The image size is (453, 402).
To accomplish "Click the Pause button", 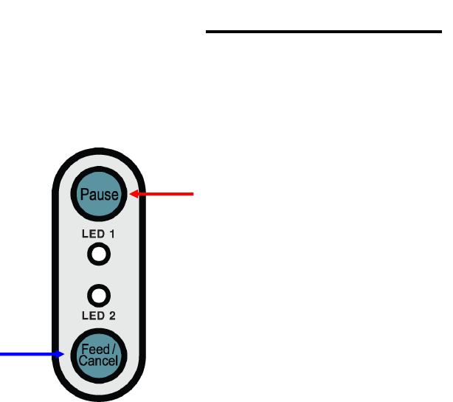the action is click(x=99, y=194).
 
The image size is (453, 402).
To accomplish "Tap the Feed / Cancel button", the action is click(x=99, y=355).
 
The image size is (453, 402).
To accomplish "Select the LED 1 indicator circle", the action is click(x=99, y=255).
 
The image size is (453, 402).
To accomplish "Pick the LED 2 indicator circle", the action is click(x=99, y=296).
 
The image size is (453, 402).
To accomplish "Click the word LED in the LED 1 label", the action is click(x=91, y=235).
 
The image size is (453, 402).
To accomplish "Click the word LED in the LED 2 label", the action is click(x=91, y=316).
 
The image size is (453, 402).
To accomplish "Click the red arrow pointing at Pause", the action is click(x=162, y=195).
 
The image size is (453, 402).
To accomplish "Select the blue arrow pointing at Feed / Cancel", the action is click(x=30, y=355).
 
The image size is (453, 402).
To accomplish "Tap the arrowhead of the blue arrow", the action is click(x=63, y=355).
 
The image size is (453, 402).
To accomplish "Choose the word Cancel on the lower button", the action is click(x=99, y=361).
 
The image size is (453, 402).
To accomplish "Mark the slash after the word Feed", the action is click(x=113, y=349).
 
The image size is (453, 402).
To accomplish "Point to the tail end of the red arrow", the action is click(x=193, y=195).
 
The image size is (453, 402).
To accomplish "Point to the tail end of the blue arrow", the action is click(x=2, y=355).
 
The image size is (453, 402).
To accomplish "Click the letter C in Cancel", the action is click(x=83, y=361).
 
